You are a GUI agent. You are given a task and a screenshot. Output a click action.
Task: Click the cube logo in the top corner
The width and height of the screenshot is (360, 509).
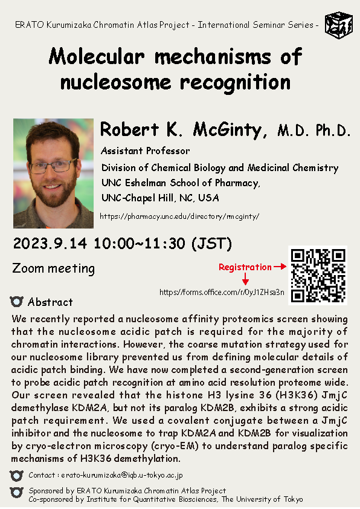(x=339, y=25)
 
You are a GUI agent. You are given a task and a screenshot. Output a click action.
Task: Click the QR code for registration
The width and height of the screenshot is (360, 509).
(x=318, y=275)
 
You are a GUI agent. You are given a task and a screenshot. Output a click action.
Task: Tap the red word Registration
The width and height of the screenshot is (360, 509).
(x=245, y=267)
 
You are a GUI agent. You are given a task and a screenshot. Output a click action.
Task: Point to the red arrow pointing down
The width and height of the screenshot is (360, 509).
(x=245, y=279)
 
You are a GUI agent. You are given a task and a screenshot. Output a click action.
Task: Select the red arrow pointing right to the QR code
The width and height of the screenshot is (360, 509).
(x=280, y=267)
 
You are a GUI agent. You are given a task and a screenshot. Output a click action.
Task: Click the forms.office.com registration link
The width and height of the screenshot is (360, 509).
(x=222, y=292)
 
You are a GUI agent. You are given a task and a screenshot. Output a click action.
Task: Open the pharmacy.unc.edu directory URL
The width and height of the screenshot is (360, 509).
(x=179, y=216)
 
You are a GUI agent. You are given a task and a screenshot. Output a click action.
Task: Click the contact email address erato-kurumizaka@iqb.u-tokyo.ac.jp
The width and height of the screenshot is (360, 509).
(x=122, y=475)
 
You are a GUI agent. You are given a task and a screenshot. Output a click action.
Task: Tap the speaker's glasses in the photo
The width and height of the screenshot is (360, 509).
(x=53, y=166)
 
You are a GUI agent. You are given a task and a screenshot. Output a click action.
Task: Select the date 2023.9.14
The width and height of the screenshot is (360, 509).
(x=50, y=244)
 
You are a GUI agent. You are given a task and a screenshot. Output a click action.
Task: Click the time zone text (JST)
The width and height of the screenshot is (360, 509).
(x=212, y=244)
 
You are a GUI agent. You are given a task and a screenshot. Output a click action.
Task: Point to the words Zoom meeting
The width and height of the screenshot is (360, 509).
(x=54, y=269)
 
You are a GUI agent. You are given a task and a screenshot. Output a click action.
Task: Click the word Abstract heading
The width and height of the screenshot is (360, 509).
(x=50, y=302)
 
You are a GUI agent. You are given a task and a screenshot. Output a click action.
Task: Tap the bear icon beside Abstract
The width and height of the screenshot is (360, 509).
(x=16, y=302)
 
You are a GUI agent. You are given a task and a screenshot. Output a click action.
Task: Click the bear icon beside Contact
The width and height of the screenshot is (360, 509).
(x=16, y=476)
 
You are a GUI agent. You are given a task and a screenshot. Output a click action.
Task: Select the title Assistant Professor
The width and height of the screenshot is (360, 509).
(x=146, y=151)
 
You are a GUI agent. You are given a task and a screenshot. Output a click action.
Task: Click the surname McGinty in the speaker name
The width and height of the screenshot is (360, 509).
(x=230, y=130)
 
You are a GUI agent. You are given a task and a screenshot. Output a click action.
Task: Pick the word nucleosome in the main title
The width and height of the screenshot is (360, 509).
(x=115, y=82)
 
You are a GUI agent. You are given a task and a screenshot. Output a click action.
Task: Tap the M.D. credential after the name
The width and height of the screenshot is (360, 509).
(x=292, y=131)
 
